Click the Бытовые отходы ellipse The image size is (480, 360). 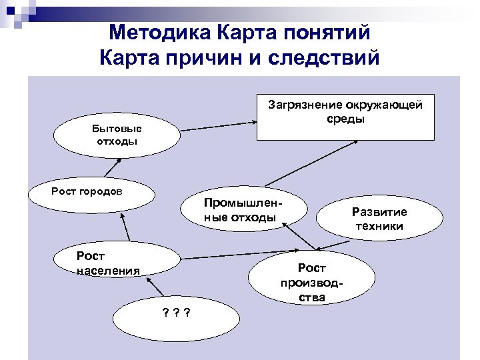(117, 135)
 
